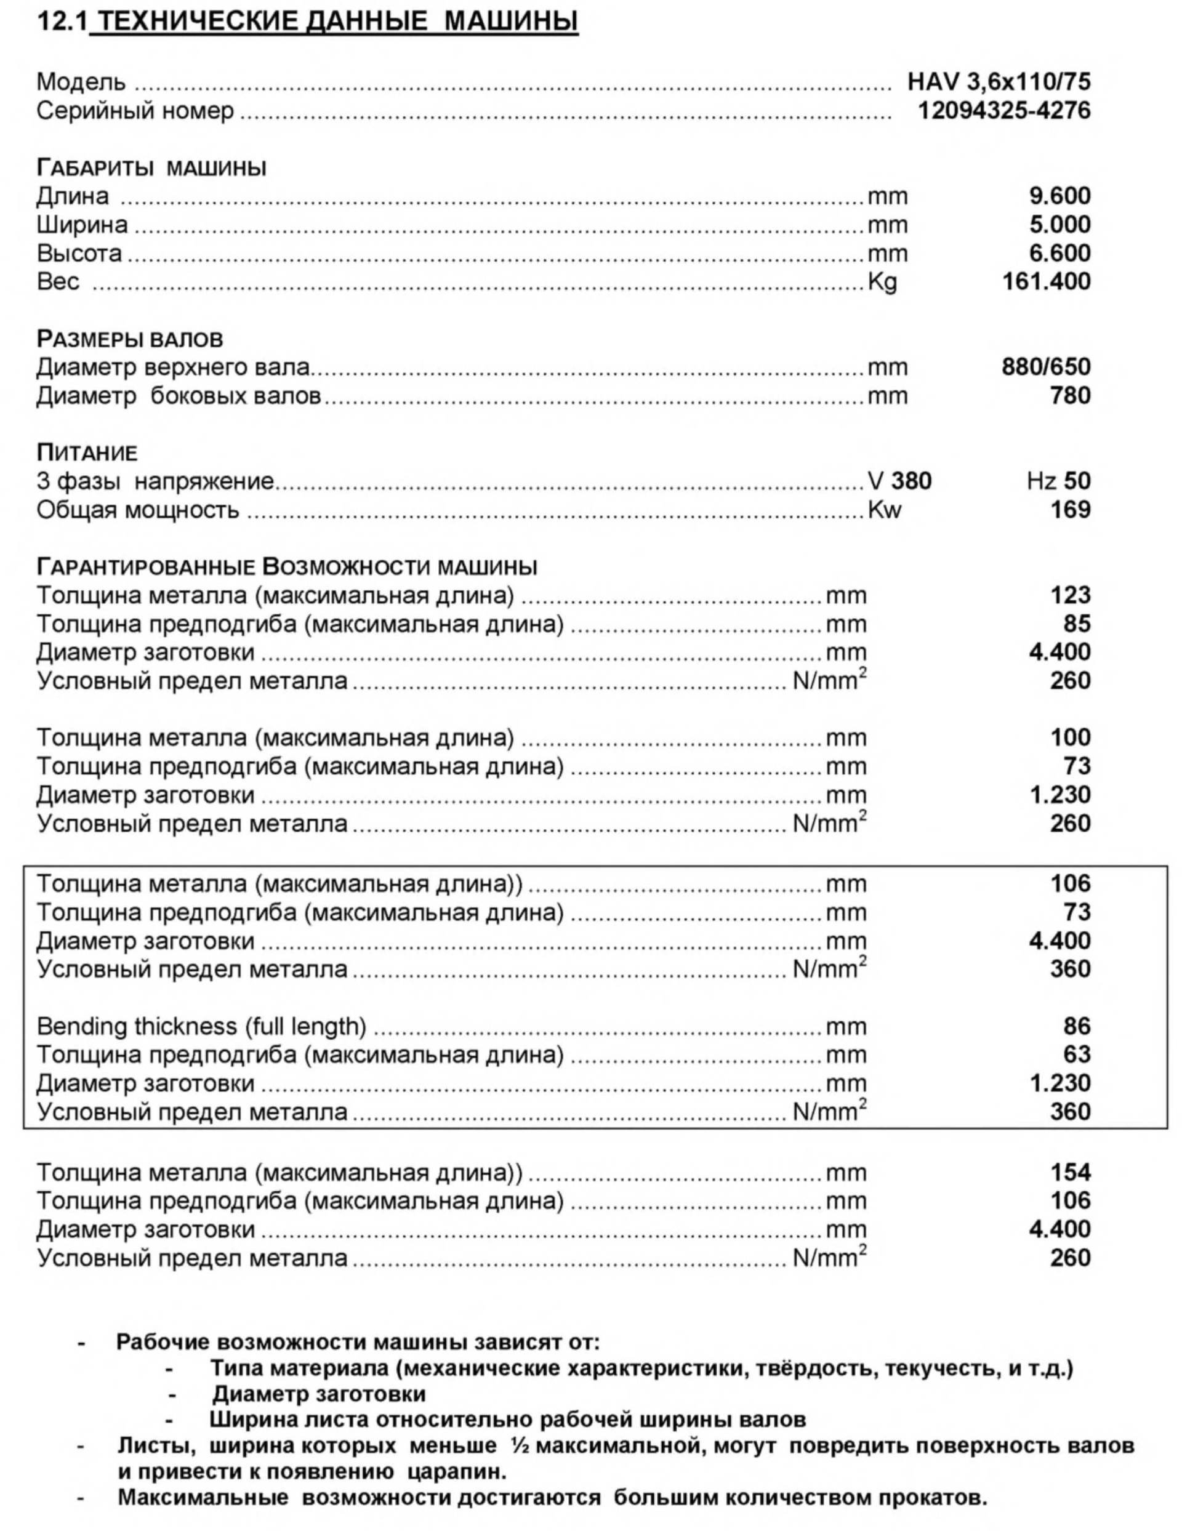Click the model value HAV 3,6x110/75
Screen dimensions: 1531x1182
(999, 82)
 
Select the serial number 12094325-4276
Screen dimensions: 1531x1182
(1004, 111)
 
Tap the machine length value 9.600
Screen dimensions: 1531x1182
(1059, 196)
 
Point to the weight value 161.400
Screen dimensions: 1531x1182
(1046, 281)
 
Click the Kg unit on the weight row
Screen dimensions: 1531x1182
(882, 282)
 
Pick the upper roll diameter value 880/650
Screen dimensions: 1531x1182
(1045, 367)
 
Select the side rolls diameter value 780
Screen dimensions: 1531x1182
(1070, 395)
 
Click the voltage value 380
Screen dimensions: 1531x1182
(911, 481)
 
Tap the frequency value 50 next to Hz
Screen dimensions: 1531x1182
(1077, 481)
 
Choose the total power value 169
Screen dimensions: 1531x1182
(1070, 510)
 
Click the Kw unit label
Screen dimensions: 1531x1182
(884, 510)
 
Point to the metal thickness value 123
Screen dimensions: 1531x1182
(1070, 595)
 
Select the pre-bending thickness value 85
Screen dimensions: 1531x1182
(1077, 624)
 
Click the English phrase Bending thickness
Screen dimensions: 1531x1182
(137, 1026)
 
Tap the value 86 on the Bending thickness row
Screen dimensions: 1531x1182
(1077, 1026)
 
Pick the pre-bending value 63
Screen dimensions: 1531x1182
(1077, 1055)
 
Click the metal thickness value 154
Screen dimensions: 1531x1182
(1070, 1172)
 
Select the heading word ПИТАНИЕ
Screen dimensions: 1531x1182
(87, 453)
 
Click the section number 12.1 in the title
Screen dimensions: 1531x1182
(62, 22)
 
